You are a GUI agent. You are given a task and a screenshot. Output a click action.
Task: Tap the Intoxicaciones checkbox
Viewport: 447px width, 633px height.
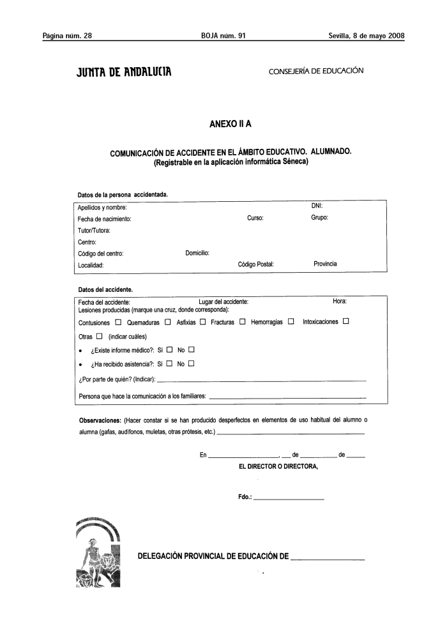point(345,322)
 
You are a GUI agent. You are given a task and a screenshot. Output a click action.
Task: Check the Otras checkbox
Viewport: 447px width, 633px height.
point(100,337)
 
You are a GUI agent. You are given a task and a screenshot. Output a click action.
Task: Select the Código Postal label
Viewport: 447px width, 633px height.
point(255,264)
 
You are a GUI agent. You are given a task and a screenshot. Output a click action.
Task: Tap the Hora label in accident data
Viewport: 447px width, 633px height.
point(339,301)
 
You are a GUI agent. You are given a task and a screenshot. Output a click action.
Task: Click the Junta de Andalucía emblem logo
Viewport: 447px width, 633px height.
point(99,554)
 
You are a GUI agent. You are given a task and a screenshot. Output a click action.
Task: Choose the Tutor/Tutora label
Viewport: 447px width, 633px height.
point(94,230)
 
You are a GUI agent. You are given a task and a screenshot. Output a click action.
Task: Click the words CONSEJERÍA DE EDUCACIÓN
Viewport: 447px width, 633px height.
point(316,71)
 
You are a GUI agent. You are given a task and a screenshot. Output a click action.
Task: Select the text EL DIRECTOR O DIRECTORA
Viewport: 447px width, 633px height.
point(278,466)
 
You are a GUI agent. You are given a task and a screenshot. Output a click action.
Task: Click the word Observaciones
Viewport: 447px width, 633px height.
point(100,420)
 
